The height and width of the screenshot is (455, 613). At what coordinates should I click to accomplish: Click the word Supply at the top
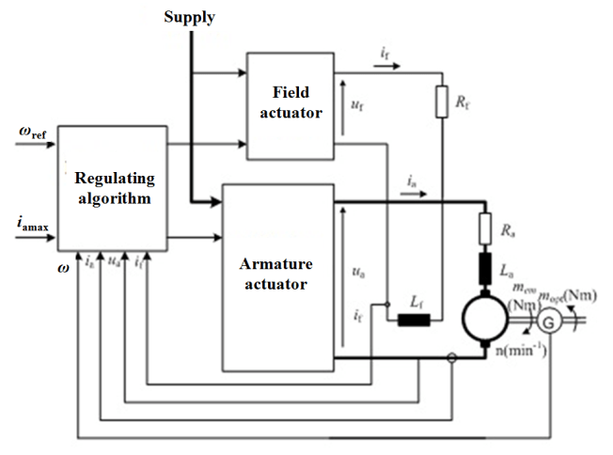pyautogui.click(x=189, y=17)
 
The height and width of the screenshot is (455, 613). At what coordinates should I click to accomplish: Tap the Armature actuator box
pyautogui.click(x=277, y=276)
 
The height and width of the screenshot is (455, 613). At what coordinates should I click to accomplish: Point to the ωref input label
pyautogui.click(x=30, y=133)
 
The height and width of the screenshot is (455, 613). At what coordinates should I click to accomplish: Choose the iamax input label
pyautogui.click(x=29, y=224)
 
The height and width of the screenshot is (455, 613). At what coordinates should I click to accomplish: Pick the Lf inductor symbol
pyautogui.click(x=413, y=321)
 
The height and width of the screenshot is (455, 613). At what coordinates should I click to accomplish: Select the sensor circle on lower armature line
pyautogui.click(x=451, y=357)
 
